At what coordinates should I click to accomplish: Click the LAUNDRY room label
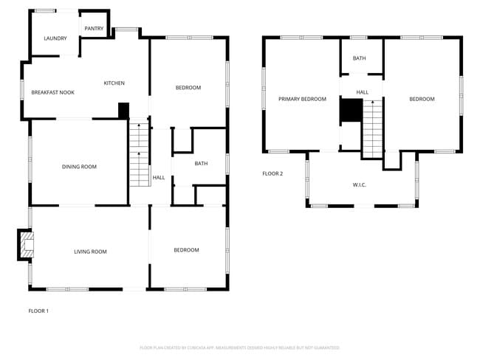[55, 38]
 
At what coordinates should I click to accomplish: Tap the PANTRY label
[94, 29]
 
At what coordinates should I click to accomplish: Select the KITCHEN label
[114, 83]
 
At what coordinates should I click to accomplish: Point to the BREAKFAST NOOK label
[53, 92]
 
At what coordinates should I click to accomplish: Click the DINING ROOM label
[79, 167]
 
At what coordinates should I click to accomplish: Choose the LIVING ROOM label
[90, 252]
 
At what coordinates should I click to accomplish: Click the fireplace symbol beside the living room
[26, 246]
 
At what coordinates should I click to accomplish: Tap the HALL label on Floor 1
[159, 178]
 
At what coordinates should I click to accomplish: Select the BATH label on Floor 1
[201, 164]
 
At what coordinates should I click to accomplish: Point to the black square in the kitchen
[124, 109]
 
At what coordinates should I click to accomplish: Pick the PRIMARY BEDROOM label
[302, 99]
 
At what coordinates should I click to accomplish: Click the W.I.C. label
[359, 184]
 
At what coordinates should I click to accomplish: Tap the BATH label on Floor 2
[359, 58]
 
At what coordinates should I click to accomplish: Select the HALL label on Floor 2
[363, 92]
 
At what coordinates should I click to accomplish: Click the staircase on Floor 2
[373, 128]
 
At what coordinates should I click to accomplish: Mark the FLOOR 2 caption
[272, 174]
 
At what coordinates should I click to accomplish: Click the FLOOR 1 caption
[38, 311]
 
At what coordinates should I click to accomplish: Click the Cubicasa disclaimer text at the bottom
[239, 347]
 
